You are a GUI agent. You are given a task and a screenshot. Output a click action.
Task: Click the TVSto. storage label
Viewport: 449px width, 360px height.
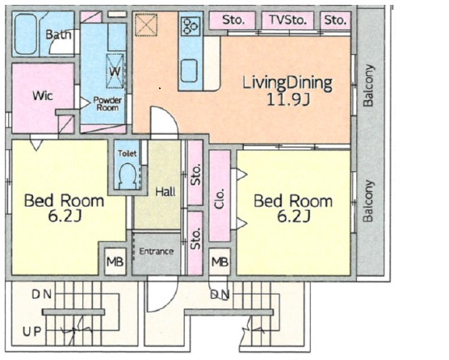point(287,20)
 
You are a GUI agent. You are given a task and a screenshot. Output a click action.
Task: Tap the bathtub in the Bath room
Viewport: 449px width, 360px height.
point(26,35)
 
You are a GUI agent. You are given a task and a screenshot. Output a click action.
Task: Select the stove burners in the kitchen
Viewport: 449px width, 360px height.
point(191,26)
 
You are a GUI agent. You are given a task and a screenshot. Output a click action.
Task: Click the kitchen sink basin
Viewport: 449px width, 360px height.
point(189,70)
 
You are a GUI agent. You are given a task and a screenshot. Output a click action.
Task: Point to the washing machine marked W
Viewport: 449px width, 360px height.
point(115,71)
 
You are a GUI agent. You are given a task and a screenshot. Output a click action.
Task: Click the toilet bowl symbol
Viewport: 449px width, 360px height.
point(127,175)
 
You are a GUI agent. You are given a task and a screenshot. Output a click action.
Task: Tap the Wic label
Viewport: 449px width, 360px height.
point(43,95)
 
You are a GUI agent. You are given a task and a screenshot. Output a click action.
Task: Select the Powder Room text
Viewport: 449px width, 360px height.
point(107,104)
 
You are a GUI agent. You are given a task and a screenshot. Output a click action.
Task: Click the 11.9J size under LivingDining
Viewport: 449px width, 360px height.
point(288,99)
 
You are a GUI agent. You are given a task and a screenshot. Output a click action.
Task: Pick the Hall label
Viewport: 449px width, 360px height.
point(166,192)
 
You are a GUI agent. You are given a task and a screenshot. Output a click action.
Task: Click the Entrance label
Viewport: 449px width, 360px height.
point(157,251)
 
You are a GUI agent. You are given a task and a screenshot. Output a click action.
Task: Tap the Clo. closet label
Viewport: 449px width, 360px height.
point(220,199)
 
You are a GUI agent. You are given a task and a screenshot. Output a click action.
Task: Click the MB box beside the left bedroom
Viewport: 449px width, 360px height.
point(115,262)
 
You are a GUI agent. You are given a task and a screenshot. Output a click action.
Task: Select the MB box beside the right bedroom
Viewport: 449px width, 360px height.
point(220,262)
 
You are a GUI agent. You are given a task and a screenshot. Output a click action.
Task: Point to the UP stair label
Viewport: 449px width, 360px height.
point(32,332)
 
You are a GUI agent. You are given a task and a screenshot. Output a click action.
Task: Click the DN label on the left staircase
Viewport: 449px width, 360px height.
point(41,294)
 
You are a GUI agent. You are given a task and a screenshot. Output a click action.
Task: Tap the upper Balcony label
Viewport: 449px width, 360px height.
point(368,86)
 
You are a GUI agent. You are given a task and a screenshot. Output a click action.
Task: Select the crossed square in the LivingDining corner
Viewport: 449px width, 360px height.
point(146,24)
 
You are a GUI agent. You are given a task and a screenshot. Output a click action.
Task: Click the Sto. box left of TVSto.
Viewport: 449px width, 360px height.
point(233,20)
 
